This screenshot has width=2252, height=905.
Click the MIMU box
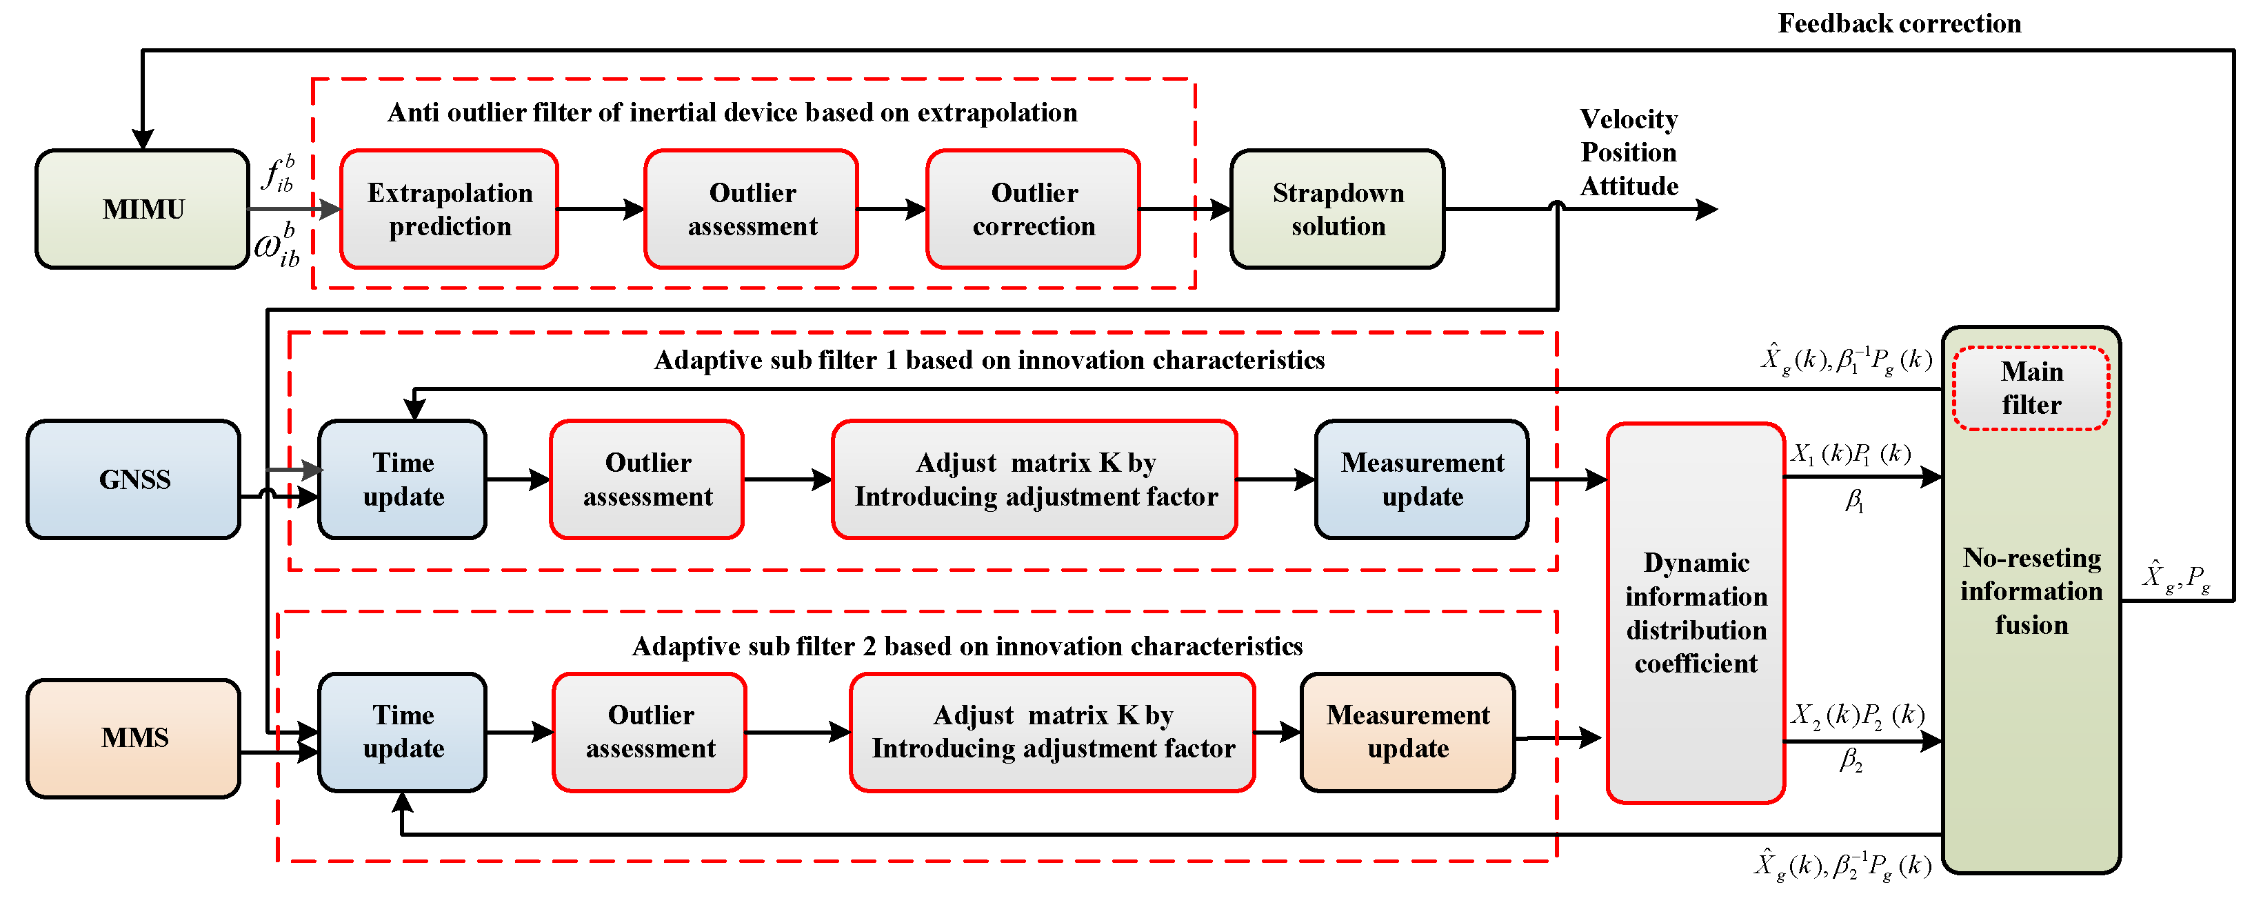pos(143,209)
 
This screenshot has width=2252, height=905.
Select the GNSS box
pos(134,479)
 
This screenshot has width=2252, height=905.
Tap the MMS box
pos(134,738)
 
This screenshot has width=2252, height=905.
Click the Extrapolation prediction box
pos(450,209)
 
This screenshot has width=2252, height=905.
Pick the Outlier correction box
pos(1034,209)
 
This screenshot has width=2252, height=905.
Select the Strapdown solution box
pos(1338,209)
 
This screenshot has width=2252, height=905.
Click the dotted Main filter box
pos(2031,388)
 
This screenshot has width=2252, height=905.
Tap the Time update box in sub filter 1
pos(403,479)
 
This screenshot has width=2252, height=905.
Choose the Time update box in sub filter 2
pos(403,732)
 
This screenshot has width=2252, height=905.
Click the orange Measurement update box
pos(1407,732)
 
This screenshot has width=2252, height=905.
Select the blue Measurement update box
pos(1422,479)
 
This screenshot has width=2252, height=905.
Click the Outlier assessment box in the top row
pos(752,209)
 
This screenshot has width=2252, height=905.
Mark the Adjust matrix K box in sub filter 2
pos(1052,732)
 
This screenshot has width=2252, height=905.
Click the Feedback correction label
pos(1899,23)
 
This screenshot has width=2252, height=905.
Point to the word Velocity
pos(1629,119)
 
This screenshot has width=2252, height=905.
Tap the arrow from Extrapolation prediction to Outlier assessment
pos(601,209)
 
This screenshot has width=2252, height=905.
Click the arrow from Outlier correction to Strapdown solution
pos(1185,209)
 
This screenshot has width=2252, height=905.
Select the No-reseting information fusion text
pos(2031,591)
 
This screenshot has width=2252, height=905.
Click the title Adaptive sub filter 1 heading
pos(989,360)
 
